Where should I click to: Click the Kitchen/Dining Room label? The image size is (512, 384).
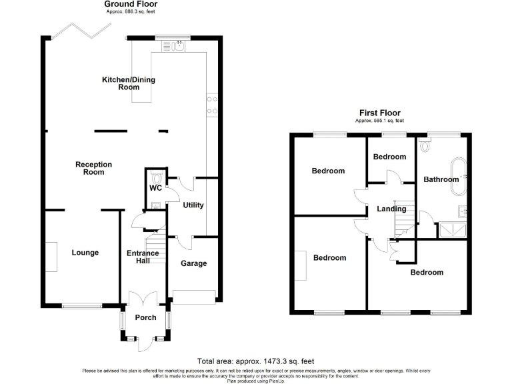pyautogui.click(x=128, y=83)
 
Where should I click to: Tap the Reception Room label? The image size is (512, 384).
pyautogui.click(x=94, y=168)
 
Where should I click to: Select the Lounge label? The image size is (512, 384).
pyautogui.click(x=85, y=253)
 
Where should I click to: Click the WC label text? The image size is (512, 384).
pyautogui.click(x=155, y=189)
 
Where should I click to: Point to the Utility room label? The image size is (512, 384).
pyautogui.click(x=193, y=205)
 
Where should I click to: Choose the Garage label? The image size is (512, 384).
pyautogui.click(x=193, y=263)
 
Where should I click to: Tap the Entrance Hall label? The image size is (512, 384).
pyautogui.click(x=143, y=257)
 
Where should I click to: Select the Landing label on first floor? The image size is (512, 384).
pyautogui.click(x=391, y=209)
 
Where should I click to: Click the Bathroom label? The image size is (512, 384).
pyautogui.click(x=441, y=179)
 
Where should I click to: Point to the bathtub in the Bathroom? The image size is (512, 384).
pyautogui.click(x=459, y=176)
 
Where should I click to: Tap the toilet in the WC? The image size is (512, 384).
pyautogui.click(x=156, y=177)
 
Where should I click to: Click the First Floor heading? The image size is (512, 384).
pyautogui.click(x=380, y=113)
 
